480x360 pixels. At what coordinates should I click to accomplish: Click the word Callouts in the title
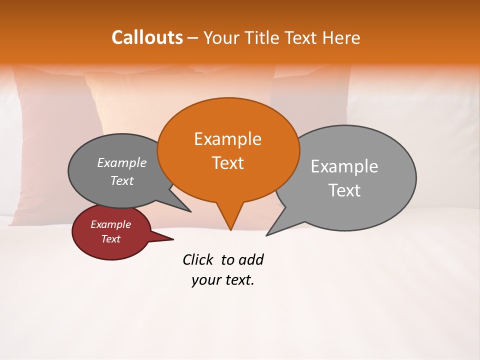point(147,37)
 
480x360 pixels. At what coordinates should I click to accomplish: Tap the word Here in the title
point(342,37)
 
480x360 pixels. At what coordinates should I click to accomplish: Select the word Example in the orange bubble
point(227,139)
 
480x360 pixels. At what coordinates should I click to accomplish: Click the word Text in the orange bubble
point(227,163)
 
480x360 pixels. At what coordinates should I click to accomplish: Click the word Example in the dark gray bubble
point(122,163)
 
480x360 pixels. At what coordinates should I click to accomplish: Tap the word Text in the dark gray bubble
point(122,180)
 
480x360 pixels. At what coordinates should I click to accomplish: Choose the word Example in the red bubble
point(110,224)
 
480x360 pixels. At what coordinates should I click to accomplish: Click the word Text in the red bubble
point(110,239)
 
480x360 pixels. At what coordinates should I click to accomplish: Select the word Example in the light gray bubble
point(344,166)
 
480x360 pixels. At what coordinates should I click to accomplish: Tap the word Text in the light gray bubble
point(344,190)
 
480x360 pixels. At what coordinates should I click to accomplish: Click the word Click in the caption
point(198,259)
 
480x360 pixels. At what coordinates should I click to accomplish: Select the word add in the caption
point(251,259)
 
